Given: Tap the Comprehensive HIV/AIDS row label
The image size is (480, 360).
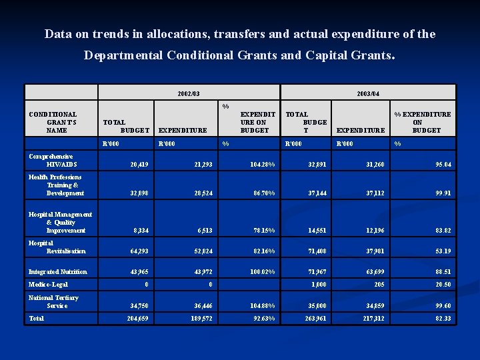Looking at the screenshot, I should point(53,160).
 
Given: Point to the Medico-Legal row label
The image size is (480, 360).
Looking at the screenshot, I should point(49,284).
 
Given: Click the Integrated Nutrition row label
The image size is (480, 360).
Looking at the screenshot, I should point(57,271).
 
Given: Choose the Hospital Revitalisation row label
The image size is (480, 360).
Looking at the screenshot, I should point(57,247).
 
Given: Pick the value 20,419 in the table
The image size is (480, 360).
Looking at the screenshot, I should point(139,164).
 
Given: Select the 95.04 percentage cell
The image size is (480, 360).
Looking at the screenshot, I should point(443,164).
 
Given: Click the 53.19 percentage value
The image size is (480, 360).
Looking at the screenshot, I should point(443,251).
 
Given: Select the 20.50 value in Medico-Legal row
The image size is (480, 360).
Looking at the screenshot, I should point(443,285).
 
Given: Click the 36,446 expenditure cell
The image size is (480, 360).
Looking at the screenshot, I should point(203,305).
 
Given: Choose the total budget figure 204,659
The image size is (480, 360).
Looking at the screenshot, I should point(138,319).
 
